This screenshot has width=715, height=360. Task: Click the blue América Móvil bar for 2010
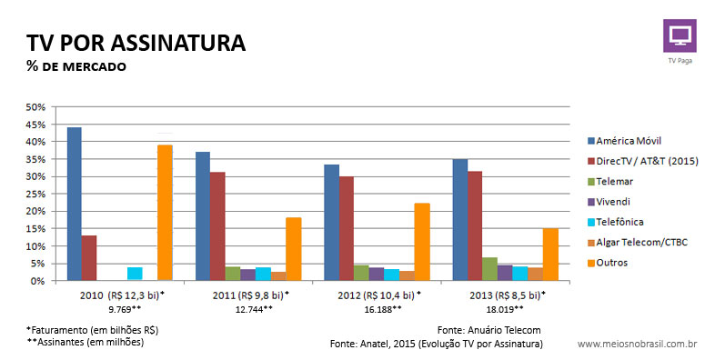pyautogui.click(x=74, y=205)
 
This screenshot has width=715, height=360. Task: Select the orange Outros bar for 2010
pyautogui.click(x=165, y=213)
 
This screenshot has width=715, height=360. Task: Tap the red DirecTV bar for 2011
pyautogui.click(x=217, y=226)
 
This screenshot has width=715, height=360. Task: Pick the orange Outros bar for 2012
pyautogui.click(x=421, y=242)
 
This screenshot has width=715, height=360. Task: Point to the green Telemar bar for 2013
pyautogui.click(x=489, y=269)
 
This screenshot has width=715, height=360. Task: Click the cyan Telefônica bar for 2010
pyautogui.click(x=135, y=274)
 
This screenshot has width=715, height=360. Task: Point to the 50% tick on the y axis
pyautogui.click(x=35, y=107)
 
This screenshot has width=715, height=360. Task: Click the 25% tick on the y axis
pyautogui.click(x=35, y=194)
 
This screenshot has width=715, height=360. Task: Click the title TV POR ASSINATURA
pyautogui.click(x=136, y=43)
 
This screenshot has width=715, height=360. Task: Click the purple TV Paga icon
pyautogui.click(x=679, y=35)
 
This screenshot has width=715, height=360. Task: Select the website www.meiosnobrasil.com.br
pyautogui.click(x=638, y=345)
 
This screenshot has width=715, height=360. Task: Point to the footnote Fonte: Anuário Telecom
pyautogui.click(x=489, y=330)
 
